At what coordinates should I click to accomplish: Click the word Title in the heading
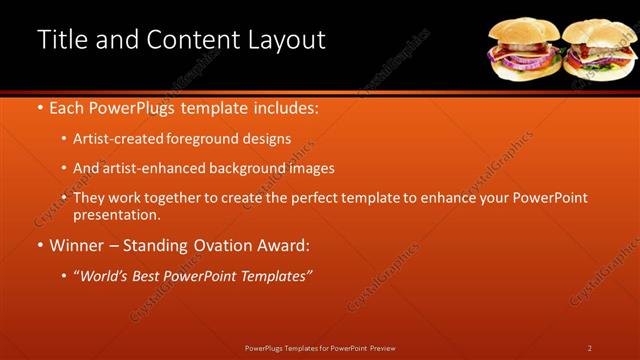click(x=60, y=39)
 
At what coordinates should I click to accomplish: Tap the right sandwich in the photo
click(x=598, y=50)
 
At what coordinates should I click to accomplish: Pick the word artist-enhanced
click(x=150, y=169)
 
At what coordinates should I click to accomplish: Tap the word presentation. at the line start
click(x=116, y=214)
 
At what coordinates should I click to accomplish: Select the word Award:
click(x=283, y=245)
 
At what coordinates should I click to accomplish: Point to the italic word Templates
click(x=274, y=275)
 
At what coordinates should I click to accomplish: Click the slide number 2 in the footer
click(x=589, y=348)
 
